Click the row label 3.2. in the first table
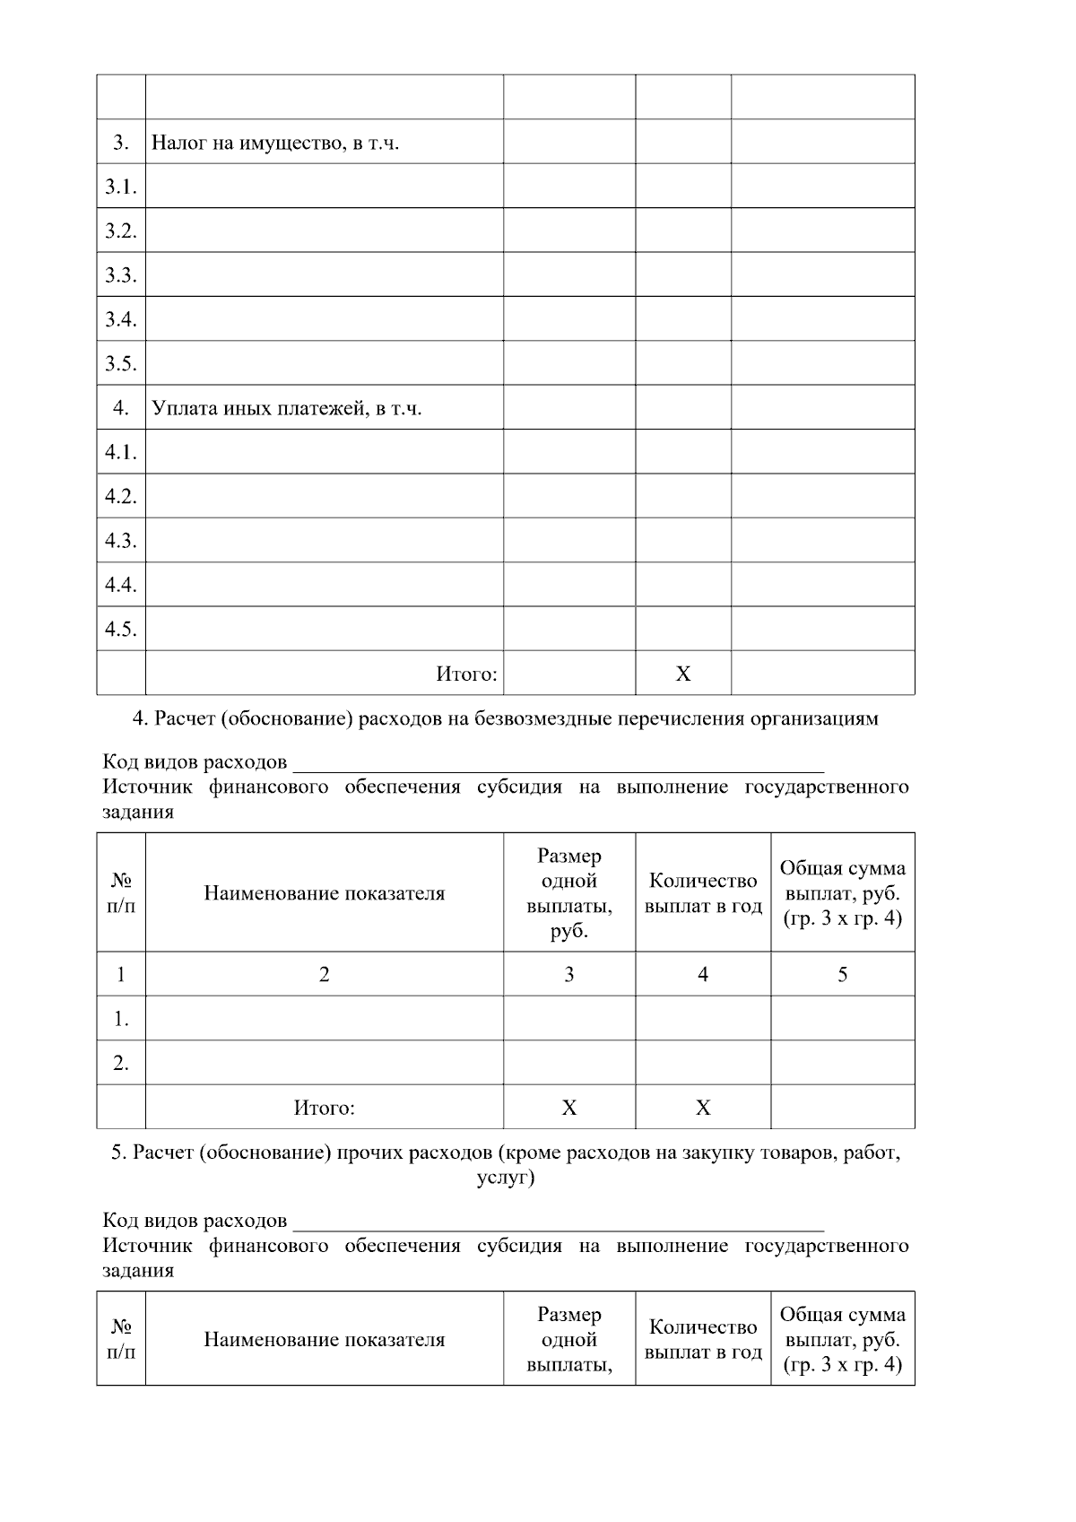coord(120,230)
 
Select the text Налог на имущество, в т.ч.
coord(274,143)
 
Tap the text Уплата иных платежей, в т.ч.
coord(286,408)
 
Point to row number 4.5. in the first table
coord(120,629)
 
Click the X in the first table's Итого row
coord(683,674)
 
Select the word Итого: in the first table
coord(466,674)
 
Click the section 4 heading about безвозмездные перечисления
coord(506,718)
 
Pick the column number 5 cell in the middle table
coord(842,974)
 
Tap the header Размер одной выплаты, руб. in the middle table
coord(569,892)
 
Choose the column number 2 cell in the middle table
coord(324,974)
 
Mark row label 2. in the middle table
coord(121,1063)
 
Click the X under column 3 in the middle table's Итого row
coord(569,1108)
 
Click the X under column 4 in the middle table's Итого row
coord(703,1108)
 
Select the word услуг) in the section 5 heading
coord(506,1178)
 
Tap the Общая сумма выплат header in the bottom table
coord(842,1339)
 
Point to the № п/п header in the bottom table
coord(121,1339)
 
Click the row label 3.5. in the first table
coord(120,363)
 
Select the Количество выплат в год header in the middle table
coord(703,892)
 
